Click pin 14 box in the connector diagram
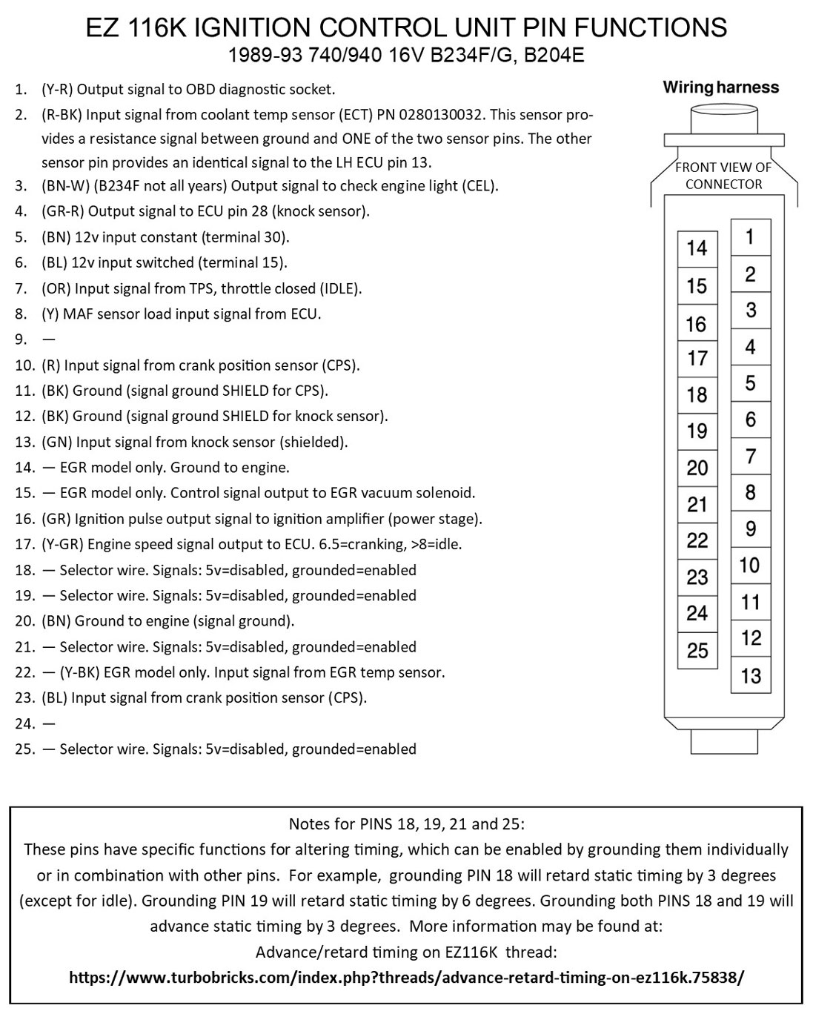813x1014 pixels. tap(697, 248)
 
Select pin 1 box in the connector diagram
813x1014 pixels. tap(750, 237)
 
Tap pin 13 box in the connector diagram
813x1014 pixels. tap(750, 675)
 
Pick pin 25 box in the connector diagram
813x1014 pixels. tap(697, 651)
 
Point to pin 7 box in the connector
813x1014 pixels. tap(750, 456)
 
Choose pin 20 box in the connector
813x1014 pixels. tap(697, 468)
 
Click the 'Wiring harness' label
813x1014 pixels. tap(720, 87)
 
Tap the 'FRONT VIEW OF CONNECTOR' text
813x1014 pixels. tap(723, 176)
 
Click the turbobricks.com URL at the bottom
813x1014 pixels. tap(406, 978)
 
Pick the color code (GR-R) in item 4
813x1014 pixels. tap(62, 211)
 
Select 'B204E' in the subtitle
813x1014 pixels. tap(554, 56)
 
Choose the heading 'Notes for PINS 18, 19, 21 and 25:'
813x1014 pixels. tap(406, 824)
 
